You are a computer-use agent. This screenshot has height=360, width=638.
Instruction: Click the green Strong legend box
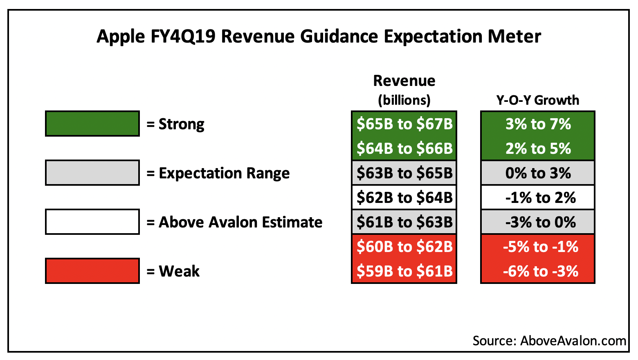click(x=92, y=124)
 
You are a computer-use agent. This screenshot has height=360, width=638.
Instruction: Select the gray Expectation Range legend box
click(x=92, y=173)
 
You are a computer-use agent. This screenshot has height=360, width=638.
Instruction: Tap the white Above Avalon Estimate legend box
click(x=92, y=222)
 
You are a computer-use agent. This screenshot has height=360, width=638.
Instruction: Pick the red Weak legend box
click(x=92, y=271)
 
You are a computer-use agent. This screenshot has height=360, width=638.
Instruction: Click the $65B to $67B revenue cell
click(x=404, y=124)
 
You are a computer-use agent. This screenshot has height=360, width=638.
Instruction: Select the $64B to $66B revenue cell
click(x=404, y=148)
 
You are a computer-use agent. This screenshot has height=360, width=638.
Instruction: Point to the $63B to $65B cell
click(x=404, y=173)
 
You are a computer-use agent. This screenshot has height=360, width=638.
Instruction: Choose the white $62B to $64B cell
click(x=404, y=198)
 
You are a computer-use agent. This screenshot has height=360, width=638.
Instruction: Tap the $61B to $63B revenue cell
click(x=404, y=222)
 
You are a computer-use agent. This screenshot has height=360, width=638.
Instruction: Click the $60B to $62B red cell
click(x=404, y=247)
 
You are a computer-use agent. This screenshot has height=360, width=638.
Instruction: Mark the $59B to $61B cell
click(x=404, y=271)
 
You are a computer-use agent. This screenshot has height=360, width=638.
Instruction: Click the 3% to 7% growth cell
click(x=538, y=124)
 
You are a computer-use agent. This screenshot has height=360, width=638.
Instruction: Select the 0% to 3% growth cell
click(x=538, y=173)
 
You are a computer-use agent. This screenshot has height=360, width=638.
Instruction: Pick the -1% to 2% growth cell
click(x=538, y=198)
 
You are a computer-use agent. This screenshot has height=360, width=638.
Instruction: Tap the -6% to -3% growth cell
click(x=538, y=271)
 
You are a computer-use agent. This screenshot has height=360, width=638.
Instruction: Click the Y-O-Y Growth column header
click(x=538, y=100)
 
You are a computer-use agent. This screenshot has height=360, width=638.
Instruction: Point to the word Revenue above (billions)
click(x=404, y=81)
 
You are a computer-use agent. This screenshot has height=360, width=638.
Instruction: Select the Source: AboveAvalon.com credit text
click(x=549, y=341)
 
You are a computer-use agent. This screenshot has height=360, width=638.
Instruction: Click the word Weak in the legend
click(x=179, y=271)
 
